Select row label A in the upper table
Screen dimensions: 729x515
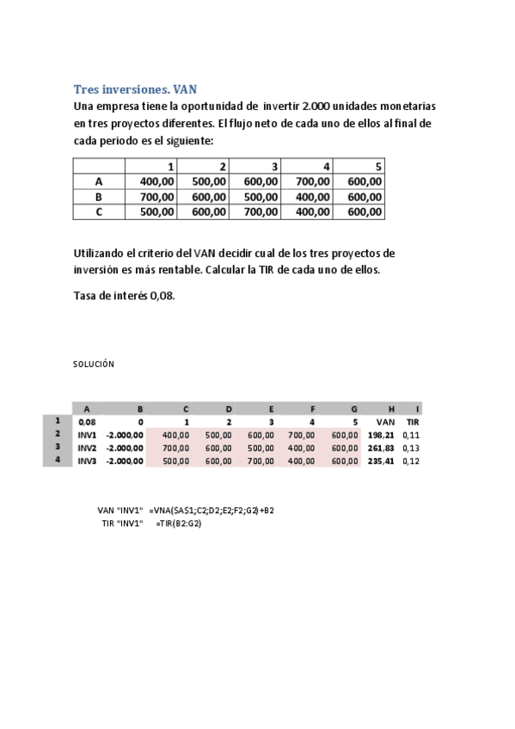[x=99, y=181]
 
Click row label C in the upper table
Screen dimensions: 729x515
[x=99, y=211]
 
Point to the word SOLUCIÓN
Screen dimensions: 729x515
[x=94, y=364]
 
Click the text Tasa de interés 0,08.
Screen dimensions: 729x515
[x=125, y=295]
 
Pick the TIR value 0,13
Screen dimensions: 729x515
[x=411, y=447]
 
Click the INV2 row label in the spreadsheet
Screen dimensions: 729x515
[x=88, y=447]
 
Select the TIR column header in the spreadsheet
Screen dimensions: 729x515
[x=412, y=422]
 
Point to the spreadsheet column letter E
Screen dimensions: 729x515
[x=271, y=409]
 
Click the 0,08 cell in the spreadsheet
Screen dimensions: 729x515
[x=87, y=422]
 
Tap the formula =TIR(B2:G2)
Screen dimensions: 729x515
[x=178, y=524]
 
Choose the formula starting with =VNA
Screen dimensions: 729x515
[x=212, y=510]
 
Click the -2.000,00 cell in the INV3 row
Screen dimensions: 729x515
[x=125, y=461]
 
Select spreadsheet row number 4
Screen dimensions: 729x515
[x=58, y=460]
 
